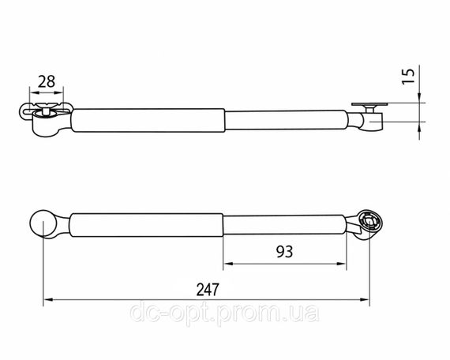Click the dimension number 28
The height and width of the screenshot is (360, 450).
(47, 81)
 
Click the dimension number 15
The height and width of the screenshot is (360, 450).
(408, 77)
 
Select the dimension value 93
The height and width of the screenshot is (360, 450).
(284, 252)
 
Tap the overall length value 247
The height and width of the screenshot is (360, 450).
(208, 290)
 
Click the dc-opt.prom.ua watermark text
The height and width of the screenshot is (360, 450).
(224, 312)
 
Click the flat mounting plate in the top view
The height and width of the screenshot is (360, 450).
(369, 104)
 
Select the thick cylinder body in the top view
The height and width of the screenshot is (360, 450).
(148, 120)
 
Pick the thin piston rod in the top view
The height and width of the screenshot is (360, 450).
(286, 120)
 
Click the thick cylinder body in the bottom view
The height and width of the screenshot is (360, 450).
(146, 225)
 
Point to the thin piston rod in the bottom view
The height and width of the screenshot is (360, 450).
(285, 225)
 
